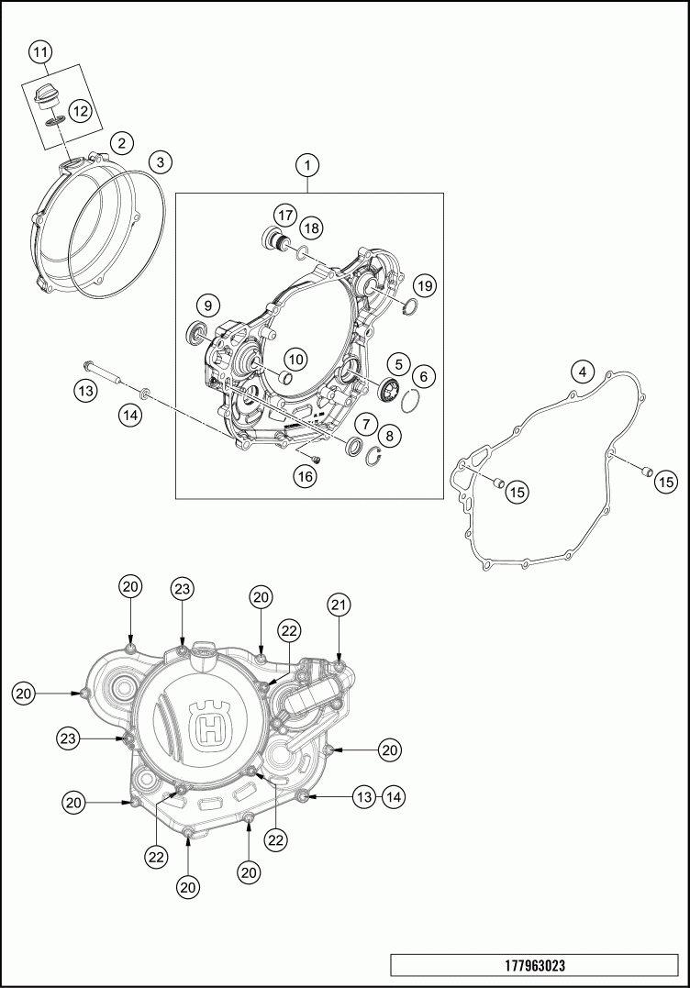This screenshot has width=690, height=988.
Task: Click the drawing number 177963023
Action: coord(535,965)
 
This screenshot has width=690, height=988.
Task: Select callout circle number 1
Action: coord(307,166)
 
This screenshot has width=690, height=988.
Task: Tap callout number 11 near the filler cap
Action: coord(40,52)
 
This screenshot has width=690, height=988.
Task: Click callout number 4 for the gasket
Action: coord(583,372)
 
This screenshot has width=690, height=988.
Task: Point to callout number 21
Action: coord(339,605)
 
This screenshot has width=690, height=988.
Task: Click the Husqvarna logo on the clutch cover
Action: coord(212,726)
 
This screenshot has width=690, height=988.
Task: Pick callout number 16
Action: coord(305,476)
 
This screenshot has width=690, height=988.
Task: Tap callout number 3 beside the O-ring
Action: coord(161,162)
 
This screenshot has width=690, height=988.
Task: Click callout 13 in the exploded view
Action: coord(85,391)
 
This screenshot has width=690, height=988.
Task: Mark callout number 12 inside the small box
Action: coord(80,112)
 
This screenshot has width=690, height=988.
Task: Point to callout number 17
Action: coord(284,216)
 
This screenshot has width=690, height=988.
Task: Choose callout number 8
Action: coord(389,435)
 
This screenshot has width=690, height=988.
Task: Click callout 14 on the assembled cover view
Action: coord(394,797)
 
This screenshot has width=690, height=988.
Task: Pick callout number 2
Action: coord(122,143)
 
